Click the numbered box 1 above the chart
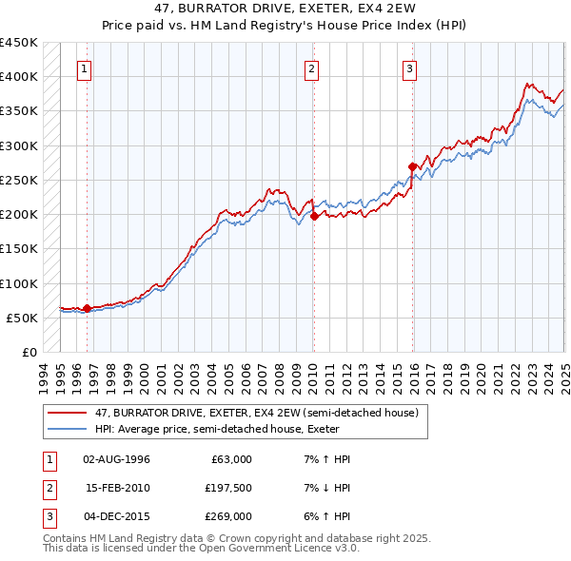[85, 68]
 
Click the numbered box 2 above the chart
[312, 68]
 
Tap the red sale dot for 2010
[314, 216]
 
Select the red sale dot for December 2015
[412, 166]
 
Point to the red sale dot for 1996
[87, 308]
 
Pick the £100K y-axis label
[19, 283]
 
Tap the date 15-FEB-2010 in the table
[118, 488]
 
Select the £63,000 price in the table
[229, 459]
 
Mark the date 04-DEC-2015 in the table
[118, 516]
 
